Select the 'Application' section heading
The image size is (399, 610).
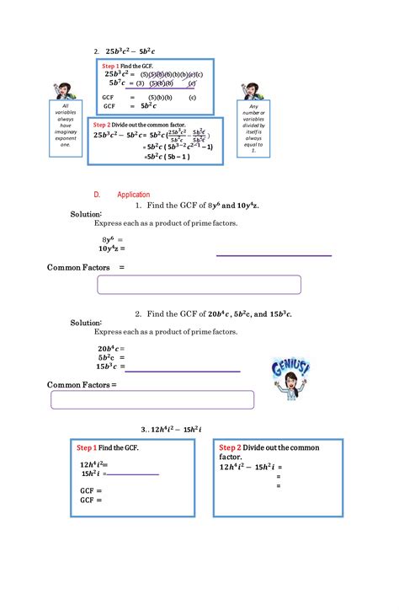134,194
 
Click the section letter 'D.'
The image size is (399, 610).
97,194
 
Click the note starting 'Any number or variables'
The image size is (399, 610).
254,134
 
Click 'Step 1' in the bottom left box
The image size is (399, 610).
87,447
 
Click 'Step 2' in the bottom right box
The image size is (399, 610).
230,447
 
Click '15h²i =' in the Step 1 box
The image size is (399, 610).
93,474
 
